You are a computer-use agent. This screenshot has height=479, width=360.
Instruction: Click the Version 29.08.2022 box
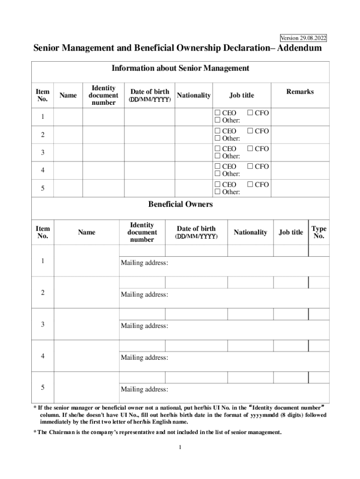click(x=303, y=38)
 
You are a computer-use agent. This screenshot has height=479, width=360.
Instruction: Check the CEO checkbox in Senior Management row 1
click(x=217, y=113)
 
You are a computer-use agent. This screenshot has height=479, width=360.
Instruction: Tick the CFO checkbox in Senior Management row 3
click(x=250, y=149)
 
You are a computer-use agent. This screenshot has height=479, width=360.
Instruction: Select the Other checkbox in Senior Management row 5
click(x=217, y=192)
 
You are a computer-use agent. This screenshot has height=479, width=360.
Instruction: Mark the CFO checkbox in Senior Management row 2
click(x=250, y=131)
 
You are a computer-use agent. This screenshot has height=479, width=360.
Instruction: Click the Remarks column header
click(x=300, y=92)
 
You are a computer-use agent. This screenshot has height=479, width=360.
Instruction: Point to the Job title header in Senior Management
click(x=241, y=95)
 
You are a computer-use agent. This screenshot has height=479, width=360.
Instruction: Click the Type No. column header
click(x=319, y=232)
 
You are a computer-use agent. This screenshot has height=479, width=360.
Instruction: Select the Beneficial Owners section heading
click(x=180, y=204)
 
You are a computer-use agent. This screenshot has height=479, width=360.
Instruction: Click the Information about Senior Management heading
click(x=180, y=68)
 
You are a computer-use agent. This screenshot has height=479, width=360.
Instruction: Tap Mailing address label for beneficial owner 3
click(x=144, y=326)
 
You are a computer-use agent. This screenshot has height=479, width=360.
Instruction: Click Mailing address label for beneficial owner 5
click(x=144, y=389)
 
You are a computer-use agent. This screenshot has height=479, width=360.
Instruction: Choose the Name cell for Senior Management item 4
click(x=68, y=170)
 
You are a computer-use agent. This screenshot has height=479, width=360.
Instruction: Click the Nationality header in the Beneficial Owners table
click(x=250, y=232)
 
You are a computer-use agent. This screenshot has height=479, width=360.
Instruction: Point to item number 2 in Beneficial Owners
click(x=43, y=293)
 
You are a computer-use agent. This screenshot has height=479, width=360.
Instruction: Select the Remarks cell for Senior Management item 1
click(x=300, y=116)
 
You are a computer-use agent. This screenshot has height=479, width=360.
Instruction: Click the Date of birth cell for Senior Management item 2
click(x=150, y=135)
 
